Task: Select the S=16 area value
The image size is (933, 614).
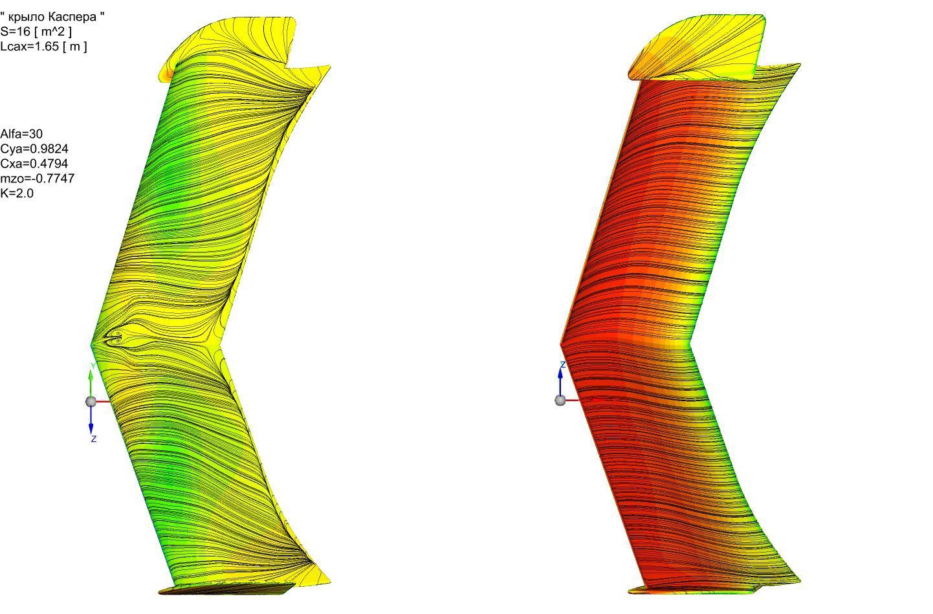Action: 16,31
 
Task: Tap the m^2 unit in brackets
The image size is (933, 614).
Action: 53,32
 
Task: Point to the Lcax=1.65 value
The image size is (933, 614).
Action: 30,46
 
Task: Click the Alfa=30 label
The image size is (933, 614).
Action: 21,134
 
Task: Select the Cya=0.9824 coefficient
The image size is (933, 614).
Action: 34,149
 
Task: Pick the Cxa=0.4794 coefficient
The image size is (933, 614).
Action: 34,163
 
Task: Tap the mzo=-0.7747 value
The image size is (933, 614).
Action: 37,179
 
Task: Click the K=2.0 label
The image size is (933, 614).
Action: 17,193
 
